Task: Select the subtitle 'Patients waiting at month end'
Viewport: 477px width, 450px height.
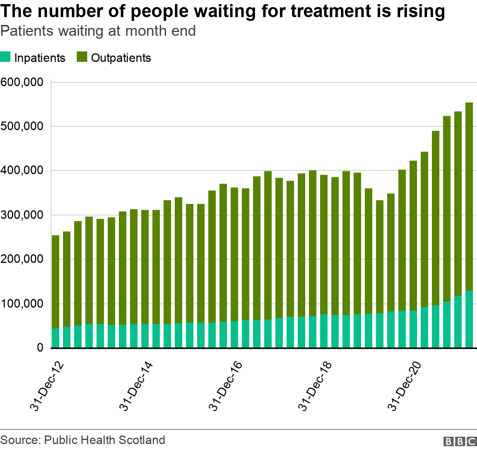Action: [98, 31]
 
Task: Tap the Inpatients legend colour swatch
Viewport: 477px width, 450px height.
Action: [5, 57]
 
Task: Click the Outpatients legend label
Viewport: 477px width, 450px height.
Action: [121, 58]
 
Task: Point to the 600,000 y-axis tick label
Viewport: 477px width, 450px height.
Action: [22, 82]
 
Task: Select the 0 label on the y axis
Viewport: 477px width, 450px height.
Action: [40, 348]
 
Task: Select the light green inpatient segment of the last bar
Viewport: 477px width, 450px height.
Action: [469, 319]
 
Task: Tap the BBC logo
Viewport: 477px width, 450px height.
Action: [460, 441]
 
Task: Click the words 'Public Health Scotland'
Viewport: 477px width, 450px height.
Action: [104, 440]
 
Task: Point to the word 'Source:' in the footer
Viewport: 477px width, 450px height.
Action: [20, 440]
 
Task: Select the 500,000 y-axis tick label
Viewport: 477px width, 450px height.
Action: [22, 126]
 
